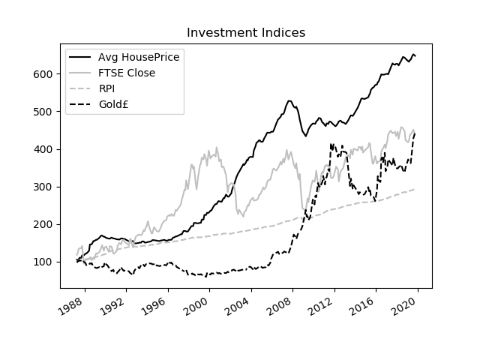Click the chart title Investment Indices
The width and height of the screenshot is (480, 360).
click(x=245, y=33)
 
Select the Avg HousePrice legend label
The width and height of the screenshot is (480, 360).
click(x=139, y=58)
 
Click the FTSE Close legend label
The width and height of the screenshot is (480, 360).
click(x=127, y=73)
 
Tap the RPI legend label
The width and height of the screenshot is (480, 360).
click(x=107, y=88)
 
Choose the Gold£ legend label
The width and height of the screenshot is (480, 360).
click(x=115, y=103)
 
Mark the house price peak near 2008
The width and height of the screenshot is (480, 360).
click(x=289, y=100)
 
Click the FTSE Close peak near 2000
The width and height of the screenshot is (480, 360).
click(x=217, y=148)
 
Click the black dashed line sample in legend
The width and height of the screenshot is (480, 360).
click(x=80, y=103)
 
